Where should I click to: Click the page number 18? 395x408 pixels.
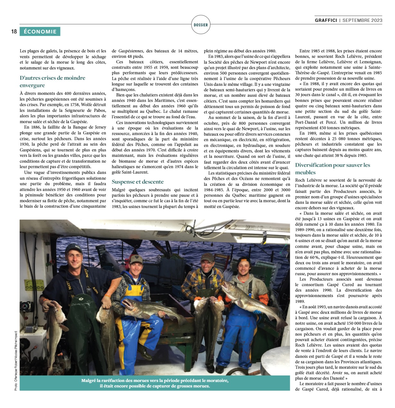coord(14,32)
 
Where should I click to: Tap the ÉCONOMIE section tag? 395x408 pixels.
coord(40,32)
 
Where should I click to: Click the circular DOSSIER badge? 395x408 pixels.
coord(201,25)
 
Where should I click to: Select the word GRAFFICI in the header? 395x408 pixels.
coord(326,20)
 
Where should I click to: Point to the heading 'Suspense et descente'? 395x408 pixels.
coord(138,182)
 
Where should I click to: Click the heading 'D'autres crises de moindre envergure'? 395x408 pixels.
coord(52,82)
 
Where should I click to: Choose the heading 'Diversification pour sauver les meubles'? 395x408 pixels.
coord(333,169)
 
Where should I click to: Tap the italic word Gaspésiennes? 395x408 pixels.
coord(131,51)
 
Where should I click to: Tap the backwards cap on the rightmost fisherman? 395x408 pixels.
coord(244,260)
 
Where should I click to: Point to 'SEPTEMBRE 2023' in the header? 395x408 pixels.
coord(362,20)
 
